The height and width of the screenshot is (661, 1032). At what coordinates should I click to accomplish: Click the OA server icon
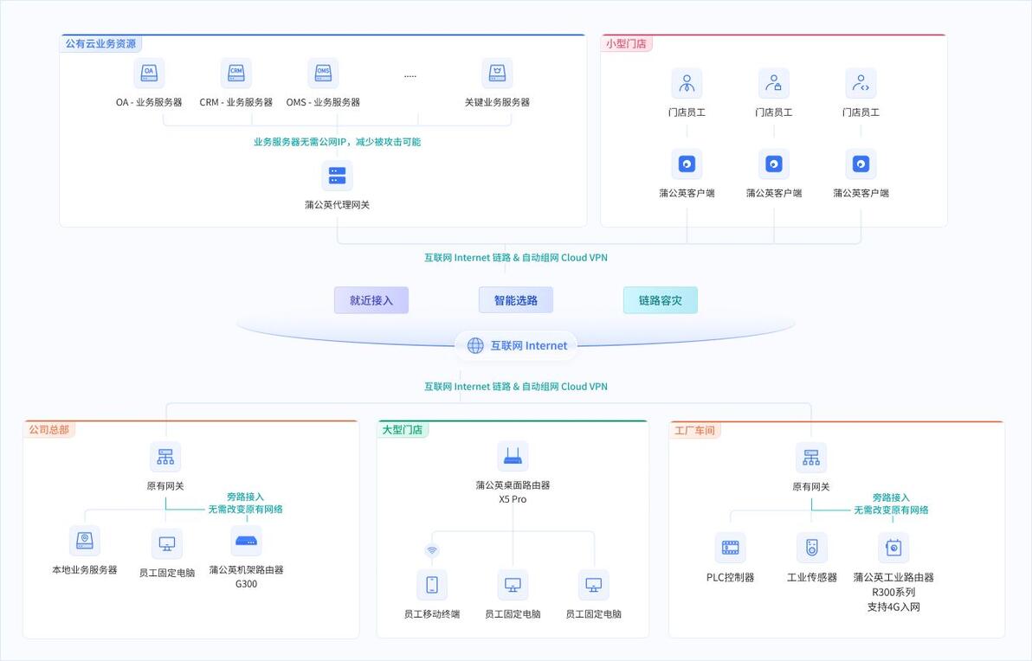(150, 73)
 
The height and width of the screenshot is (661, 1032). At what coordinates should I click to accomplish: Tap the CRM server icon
(235, 73)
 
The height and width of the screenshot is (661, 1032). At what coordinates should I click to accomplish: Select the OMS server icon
(323, 73)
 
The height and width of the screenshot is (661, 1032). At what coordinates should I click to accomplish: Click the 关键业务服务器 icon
(497, 73)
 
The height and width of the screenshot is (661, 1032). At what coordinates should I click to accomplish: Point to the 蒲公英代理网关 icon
(337, 176)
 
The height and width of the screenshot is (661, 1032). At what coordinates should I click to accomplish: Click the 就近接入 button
(371, 300)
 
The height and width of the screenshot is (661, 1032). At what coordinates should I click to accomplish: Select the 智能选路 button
(516, 300)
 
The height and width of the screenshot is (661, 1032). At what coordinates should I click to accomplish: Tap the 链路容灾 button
(660, 300)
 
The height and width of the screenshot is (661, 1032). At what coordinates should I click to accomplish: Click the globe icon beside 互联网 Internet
(475, 346)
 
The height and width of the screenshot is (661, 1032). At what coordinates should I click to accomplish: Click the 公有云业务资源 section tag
(100, 44)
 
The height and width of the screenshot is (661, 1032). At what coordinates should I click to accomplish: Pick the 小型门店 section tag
(626, 44)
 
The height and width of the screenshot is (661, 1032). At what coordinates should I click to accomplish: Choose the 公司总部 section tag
(48, 430)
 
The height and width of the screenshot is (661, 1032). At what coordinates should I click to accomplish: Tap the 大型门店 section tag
(402, 430)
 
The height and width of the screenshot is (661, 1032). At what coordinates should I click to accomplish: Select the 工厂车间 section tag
(694, 431)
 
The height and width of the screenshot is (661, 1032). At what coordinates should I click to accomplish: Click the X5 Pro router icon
(513, 456)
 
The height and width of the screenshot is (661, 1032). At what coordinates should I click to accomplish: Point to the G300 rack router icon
(246, 541)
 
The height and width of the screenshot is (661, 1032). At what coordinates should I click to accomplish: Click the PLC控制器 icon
(731, 547)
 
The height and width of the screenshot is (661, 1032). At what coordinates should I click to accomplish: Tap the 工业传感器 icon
(811, 547)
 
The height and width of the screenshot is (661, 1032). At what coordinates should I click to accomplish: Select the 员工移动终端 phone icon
(432, 584)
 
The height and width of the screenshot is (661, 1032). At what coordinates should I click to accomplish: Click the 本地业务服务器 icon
(85, 541)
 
